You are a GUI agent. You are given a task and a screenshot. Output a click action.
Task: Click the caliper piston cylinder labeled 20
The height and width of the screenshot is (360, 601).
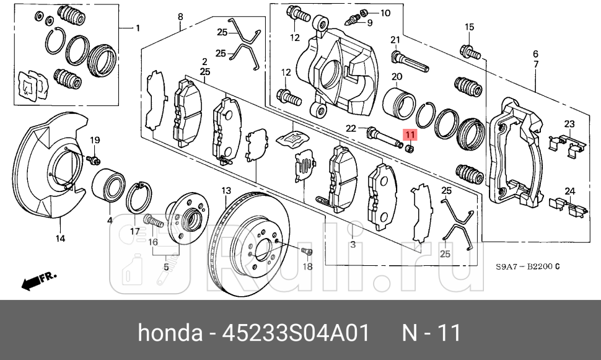pyautogui.click(x=397, y=102)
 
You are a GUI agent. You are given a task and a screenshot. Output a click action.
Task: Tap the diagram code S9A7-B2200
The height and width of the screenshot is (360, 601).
pyautogui.click(x=527, y=267)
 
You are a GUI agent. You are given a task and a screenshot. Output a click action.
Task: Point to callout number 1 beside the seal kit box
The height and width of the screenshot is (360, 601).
pyautogui.click(x=138, y=28)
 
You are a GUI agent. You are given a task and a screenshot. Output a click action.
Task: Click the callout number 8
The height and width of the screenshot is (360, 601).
pyautogui.click(x=180, y=17)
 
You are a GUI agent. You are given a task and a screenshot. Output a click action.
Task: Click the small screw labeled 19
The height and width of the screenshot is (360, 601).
pyautogui.click(x=91, y=160)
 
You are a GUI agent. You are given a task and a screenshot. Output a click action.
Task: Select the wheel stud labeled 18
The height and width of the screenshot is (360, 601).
pyautogui.click(x=306, y=252)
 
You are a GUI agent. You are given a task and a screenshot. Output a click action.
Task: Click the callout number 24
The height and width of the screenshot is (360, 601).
pyautogui.click(x=569, y=191)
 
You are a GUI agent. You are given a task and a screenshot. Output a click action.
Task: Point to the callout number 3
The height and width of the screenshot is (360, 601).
pyautogui.click(x=353, y=245)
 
